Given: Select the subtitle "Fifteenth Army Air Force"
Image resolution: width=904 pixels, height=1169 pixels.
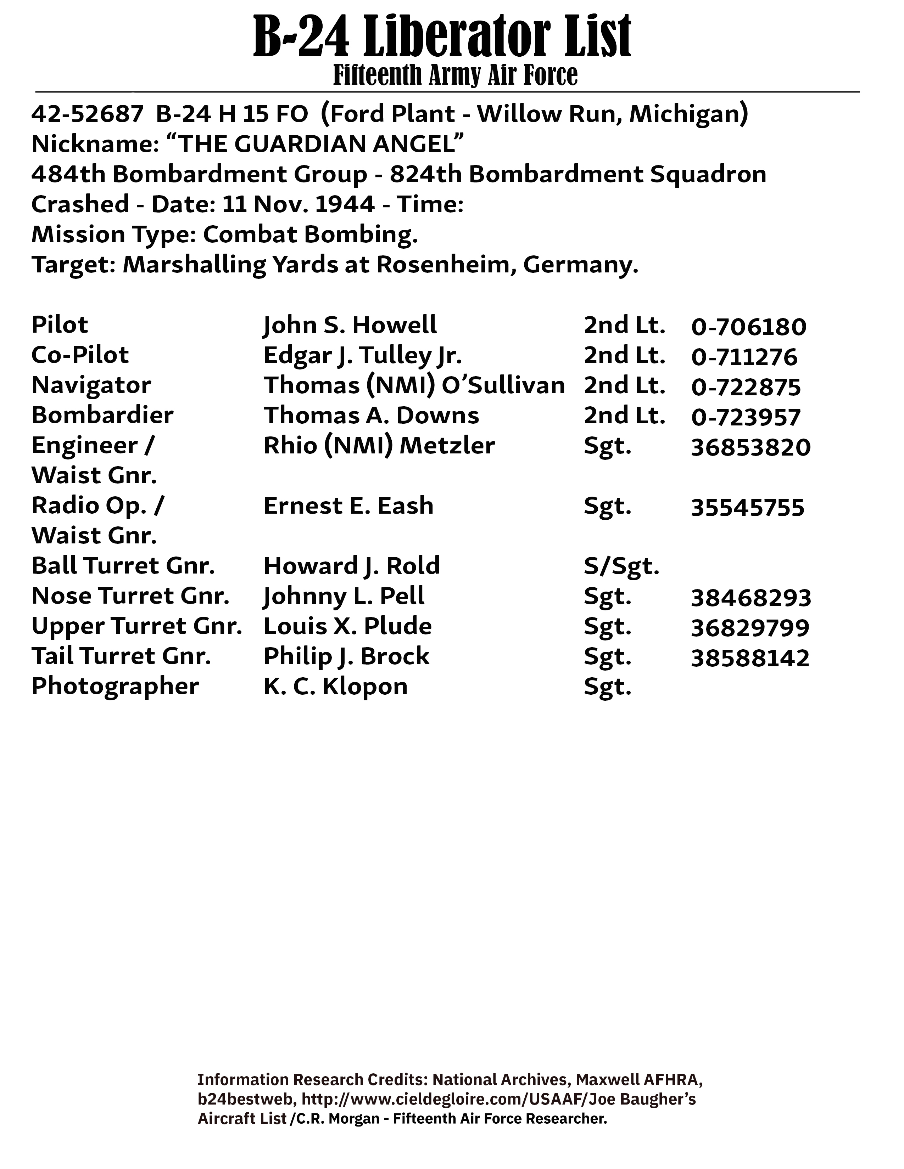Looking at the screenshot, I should coord(455,75).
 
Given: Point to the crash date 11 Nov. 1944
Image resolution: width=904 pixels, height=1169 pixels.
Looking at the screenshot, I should coord(298,204).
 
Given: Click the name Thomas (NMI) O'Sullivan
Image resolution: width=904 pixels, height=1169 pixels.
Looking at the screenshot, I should coord(414,385).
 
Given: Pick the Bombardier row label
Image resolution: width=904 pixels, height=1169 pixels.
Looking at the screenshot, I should coord(102,416).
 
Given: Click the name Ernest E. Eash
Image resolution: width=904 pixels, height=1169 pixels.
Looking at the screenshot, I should coord(348,506).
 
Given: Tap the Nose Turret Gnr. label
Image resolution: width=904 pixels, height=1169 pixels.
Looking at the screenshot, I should coord(131,596).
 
